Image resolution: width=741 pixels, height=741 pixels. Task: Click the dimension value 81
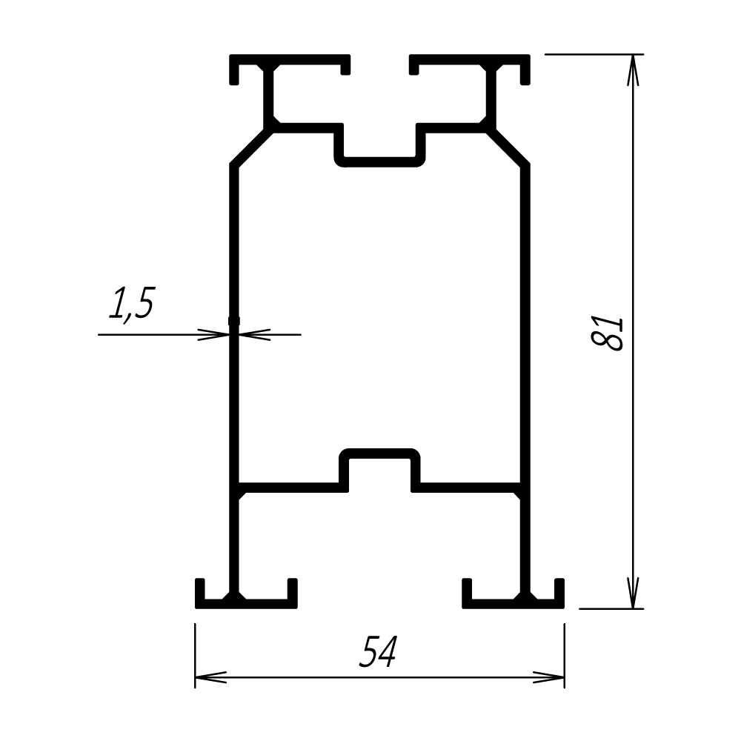tap(608, 333)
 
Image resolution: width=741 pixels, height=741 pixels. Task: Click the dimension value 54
tap(379, 652)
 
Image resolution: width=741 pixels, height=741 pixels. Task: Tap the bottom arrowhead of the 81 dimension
tap(633, 593)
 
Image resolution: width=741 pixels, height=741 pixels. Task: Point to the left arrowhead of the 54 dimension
tap(210, 677)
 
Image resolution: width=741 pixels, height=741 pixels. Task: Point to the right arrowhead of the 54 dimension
tap(548, 677)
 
